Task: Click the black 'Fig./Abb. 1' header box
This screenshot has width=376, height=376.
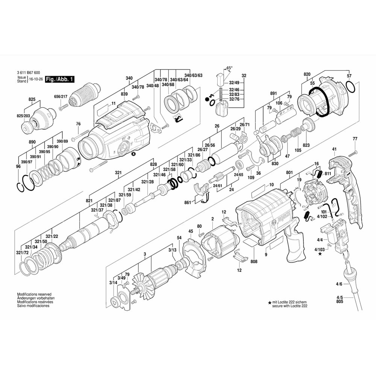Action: pos(60,79)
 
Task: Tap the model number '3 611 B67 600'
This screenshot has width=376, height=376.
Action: pos(29,73)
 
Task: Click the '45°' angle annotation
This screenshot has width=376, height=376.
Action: pos(229,68)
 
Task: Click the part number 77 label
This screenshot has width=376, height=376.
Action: pos(355,139)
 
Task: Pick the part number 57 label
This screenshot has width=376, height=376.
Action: pos(349,76)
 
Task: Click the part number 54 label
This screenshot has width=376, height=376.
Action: pos(179,237)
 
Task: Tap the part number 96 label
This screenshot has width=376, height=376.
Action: pos(18,167)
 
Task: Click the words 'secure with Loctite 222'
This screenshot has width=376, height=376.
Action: pos(290,306)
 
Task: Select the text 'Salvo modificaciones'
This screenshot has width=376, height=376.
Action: pos(33,306)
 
